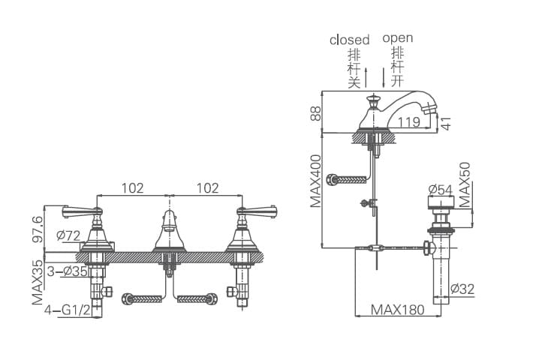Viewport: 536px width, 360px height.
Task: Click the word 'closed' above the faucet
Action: pos(349,40)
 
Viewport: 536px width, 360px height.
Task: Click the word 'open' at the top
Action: pos(397,37)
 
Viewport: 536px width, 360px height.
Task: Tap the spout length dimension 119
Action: pos(408,122)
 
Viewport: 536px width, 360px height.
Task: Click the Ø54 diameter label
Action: pos(440,190)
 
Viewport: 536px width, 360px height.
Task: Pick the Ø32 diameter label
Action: pos(462,288)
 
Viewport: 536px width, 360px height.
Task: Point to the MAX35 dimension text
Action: pos(37,282)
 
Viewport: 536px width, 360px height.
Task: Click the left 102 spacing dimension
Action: pos(131,188)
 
